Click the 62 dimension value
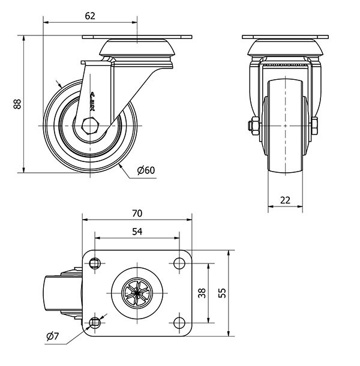pos(90,16)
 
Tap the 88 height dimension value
pos(17,104)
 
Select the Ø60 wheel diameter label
pos(146,170)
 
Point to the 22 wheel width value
pos(285,200)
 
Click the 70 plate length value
pos(136,214)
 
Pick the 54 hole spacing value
pos(136,232)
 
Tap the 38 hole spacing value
pos(202,293)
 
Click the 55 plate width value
pos(221,293)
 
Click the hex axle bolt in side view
pos(89,126)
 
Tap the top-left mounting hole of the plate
pos(95,262)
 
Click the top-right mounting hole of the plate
pos(178,262)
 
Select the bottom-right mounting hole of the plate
pos(178,323)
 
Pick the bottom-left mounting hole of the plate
pos(95,323)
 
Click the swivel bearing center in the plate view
pos(136,292)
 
